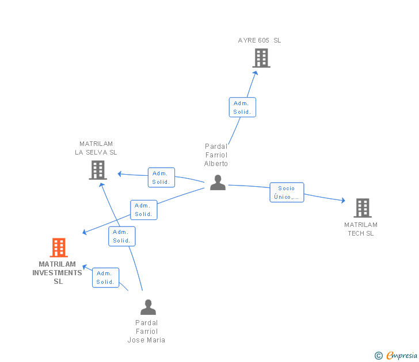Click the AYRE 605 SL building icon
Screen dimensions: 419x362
pyautogui.click(x=261, y=58)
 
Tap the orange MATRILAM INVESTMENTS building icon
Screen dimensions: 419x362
pyautogui.click(x=59, y=247)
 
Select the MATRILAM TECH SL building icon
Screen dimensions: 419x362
pyautogui.click(x=363, y=208)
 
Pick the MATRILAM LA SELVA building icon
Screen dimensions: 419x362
pyautogui.click(x=98, y=170)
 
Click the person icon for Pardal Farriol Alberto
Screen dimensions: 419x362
pyautogui.click(x=218, y=183)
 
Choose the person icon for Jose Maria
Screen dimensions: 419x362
pyautogui.click(x=148, y=307)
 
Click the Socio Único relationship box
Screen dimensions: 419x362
pyautogui.click(x=287, y=192)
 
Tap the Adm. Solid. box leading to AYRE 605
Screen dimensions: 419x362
pyautogui.click(x=242, y=107)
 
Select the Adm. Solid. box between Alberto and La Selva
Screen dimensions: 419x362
pyautogui.click(x=161, y=178)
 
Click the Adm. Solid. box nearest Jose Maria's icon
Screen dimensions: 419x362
pyautogui.click(x=105, y=278)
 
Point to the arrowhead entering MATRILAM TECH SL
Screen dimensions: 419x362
pyautogui.click(x=344, y=201)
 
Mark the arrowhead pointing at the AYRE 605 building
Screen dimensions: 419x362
pyautogui.click(x=256, y=73)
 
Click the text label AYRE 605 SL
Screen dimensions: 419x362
pyautogui.click(x=260, y=40)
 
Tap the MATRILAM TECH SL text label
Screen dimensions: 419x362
pyautogui.click(x=361, y=229)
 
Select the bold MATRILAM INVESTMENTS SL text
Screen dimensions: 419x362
pyautogui.click(x=57, y=272)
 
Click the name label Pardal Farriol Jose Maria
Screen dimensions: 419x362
pyautogui.click(x=146, y=332)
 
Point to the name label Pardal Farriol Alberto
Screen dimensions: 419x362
pyautogui.click(x=216, y=155)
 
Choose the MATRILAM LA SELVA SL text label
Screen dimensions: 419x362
pyautogui.click(x=96, y=148)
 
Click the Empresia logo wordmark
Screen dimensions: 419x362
pyautogui.click(x=402, y=355)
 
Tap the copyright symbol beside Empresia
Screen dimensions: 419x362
pyautogui.click(x=379, y=356)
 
